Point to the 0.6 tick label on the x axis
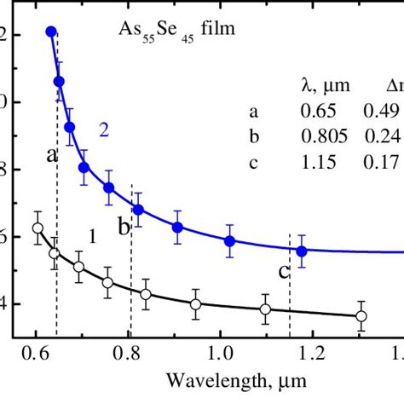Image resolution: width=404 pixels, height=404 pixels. point(36,353)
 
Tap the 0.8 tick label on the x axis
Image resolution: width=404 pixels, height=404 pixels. point(128,353)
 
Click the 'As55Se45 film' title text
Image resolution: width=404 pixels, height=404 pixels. point(176,35)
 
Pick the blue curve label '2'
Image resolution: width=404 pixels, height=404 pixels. point(103,130)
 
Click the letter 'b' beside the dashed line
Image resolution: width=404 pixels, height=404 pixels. point(123,226)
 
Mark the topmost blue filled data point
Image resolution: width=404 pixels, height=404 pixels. point(51,31)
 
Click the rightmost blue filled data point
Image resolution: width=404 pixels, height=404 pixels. point(302,251)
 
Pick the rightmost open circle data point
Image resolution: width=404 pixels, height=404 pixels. point(361,316)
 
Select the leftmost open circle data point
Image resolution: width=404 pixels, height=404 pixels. point(38,228)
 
